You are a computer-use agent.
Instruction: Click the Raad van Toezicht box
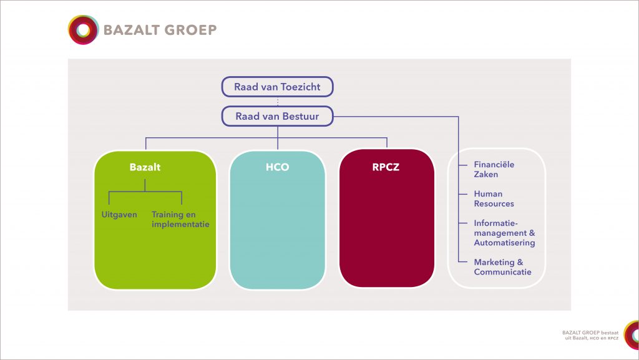pos(277,87)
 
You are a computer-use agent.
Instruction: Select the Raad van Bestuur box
pos(277,117)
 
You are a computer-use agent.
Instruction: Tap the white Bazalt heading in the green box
pos(145,167)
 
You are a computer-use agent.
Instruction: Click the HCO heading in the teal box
pos(277,167)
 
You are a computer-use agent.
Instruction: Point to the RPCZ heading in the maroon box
pos(386,167)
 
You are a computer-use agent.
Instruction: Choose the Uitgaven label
pos(119,215)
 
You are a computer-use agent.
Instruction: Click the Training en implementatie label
pos(180,219)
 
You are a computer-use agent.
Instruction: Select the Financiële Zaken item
pos(494,170)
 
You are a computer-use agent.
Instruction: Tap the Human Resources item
pos(494,199)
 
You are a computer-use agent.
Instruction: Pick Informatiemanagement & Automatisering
pos(504,233)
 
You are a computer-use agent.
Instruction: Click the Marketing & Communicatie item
pos(502,267)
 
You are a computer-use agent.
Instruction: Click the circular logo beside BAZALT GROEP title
pos(84,30)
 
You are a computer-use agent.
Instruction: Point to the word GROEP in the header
pos(190,30)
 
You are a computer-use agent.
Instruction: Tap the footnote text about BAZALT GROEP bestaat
pos(590,335)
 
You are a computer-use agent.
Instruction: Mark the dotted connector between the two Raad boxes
pos(278,102)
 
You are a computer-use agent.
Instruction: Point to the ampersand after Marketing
pos(520,262)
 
